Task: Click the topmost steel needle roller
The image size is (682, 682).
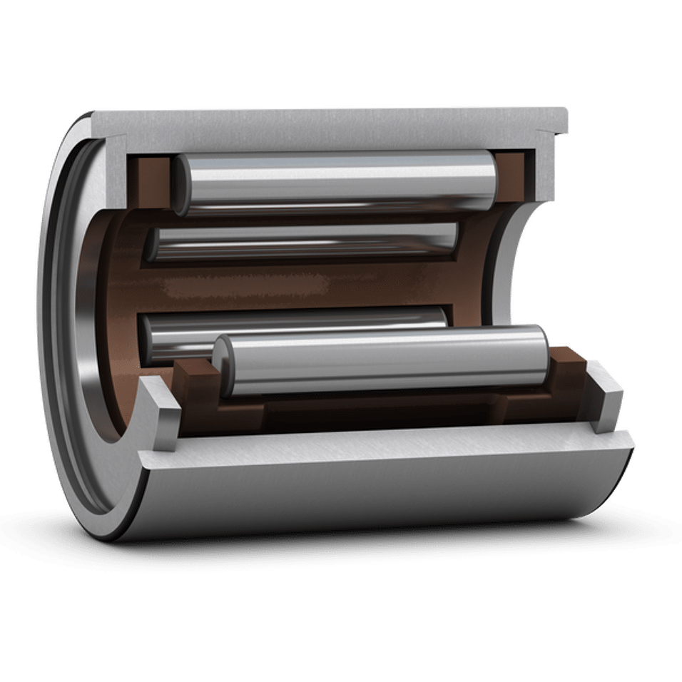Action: pyautogui.click(x=335, y=178)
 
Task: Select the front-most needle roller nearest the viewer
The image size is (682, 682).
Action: pyautogui.click(x=385, y=360)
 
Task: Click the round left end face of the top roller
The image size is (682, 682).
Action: pyautogui.click(x=180, y=184)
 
